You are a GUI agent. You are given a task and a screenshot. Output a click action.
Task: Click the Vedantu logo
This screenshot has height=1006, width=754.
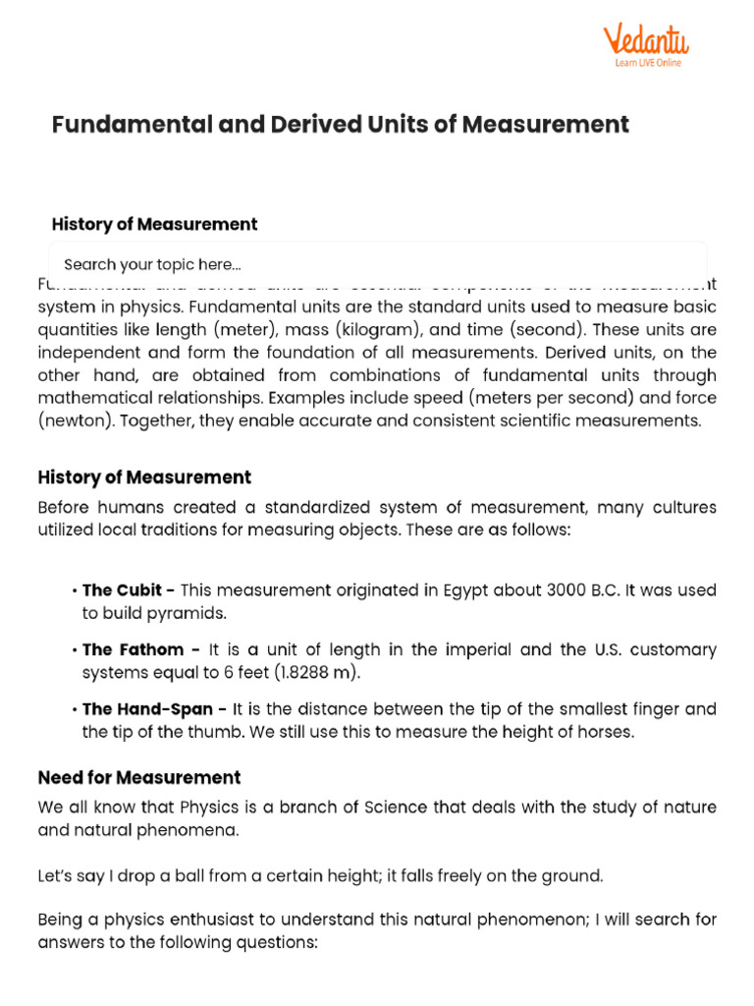pos(645,42)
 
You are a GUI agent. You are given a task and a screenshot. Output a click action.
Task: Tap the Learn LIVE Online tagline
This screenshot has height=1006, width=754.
pos(648,63)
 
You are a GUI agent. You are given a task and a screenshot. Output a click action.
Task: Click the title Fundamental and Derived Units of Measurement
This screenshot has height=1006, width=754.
pos(340,125)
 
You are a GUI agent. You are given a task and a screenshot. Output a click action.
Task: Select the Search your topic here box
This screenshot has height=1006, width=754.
pos(377,264)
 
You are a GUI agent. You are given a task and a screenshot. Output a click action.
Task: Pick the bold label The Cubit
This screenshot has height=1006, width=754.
pos(129,590)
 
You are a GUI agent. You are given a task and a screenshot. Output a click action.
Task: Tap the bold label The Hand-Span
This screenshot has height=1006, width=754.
pos(154,708)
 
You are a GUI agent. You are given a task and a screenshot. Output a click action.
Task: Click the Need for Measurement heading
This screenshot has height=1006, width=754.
pos(139,778)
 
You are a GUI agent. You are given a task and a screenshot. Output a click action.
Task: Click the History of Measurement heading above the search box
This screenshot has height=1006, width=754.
pos(154,224)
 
